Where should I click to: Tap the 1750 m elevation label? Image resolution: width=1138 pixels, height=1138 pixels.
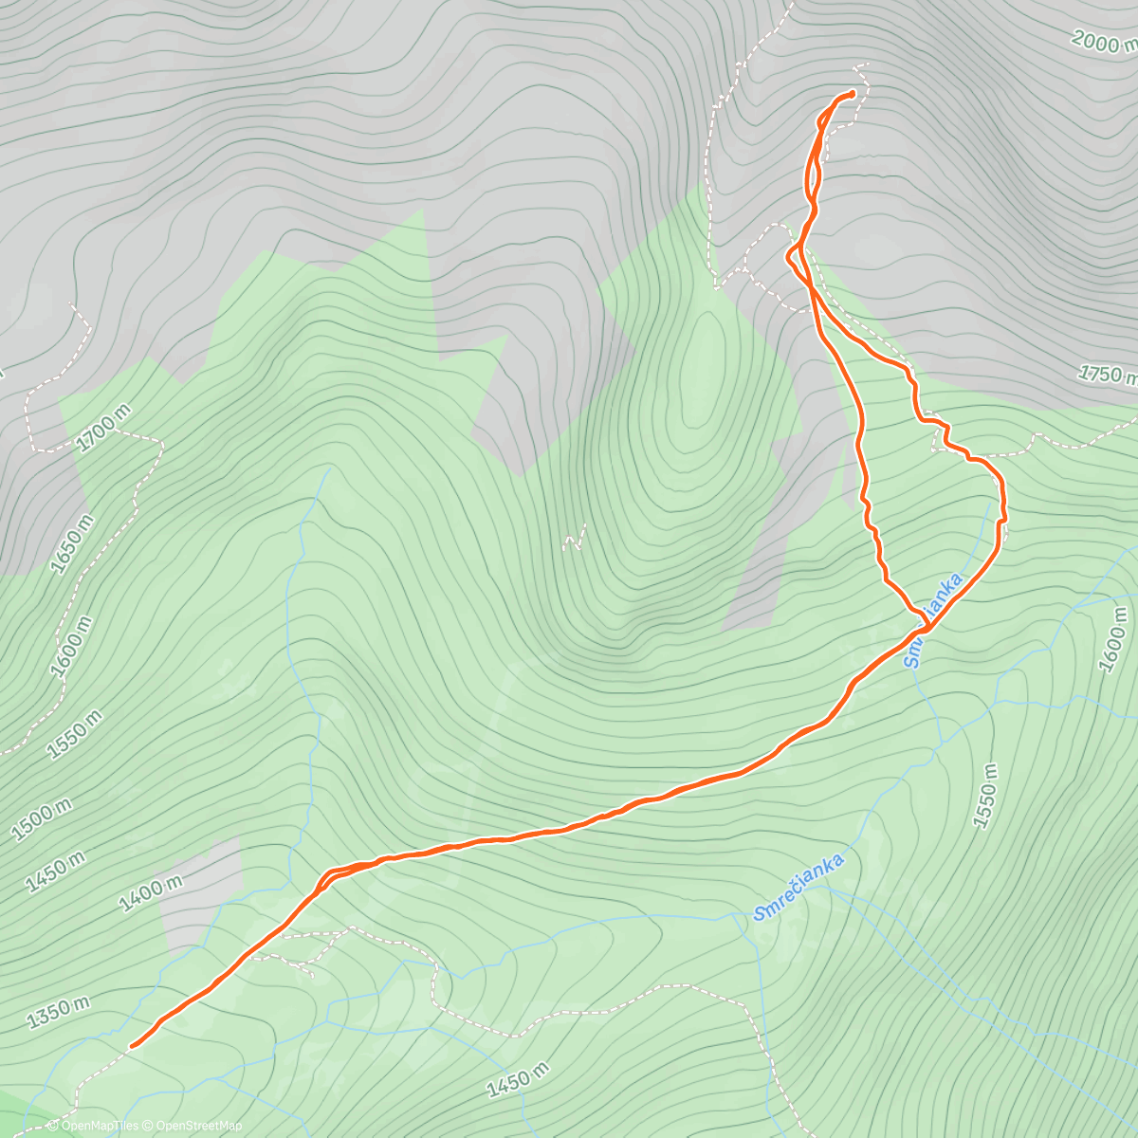tap(1108, 375)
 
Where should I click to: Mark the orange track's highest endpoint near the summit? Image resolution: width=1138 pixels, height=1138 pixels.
tap(852, 93)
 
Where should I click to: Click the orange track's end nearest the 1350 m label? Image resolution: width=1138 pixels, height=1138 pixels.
tap(132, 1045)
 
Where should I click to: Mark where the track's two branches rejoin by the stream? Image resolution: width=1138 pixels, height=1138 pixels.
tap(925, 628)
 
